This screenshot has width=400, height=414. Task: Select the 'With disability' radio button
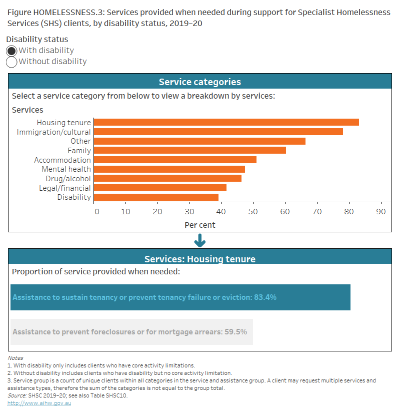11,51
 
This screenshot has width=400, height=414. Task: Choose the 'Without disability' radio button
11,62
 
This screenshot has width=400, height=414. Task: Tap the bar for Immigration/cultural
218,132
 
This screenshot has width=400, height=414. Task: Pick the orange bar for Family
189,150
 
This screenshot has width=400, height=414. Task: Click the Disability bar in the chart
156,197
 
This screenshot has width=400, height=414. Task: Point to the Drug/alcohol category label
66,179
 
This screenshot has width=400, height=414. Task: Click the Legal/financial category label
65,188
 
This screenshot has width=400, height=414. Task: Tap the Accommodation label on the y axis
62,160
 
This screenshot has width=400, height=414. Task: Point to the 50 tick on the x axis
253,211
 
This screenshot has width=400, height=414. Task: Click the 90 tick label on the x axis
381,211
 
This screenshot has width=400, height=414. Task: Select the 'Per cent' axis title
200,225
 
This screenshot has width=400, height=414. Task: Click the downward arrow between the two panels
200,241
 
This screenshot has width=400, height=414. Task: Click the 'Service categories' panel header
200,82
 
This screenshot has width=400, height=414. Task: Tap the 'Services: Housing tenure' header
200,259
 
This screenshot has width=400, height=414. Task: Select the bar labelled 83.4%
180,297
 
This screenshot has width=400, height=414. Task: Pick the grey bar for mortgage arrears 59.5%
131,332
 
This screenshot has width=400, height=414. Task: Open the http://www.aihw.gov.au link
39,403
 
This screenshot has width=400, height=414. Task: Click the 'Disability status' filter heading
38,39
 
